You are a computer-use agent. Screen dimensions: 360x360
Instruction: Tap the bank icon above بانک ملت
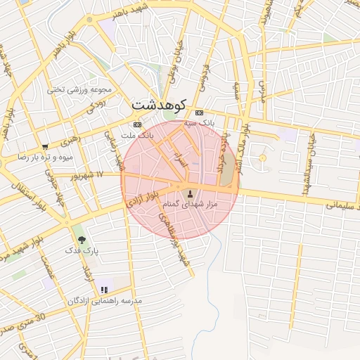[137, 124]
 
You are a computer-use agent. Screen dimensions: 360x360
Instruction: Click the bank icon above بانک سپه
[199, 112]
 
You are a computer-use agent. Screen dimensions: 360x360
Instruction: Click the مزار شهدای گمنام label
[191, 204]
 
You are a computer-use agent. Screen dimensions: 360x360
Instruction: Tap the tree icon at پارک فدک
[82, 240]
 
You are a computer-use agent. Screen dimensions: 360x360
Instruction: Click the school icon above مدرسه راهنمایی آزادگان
[104, 289]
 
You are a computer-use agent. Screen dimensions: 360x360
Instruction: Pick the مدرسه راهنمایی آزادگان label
[105, 300]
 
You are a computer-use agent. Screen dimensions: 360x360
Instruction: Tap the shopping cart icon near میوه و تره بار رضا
[45, 147]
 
